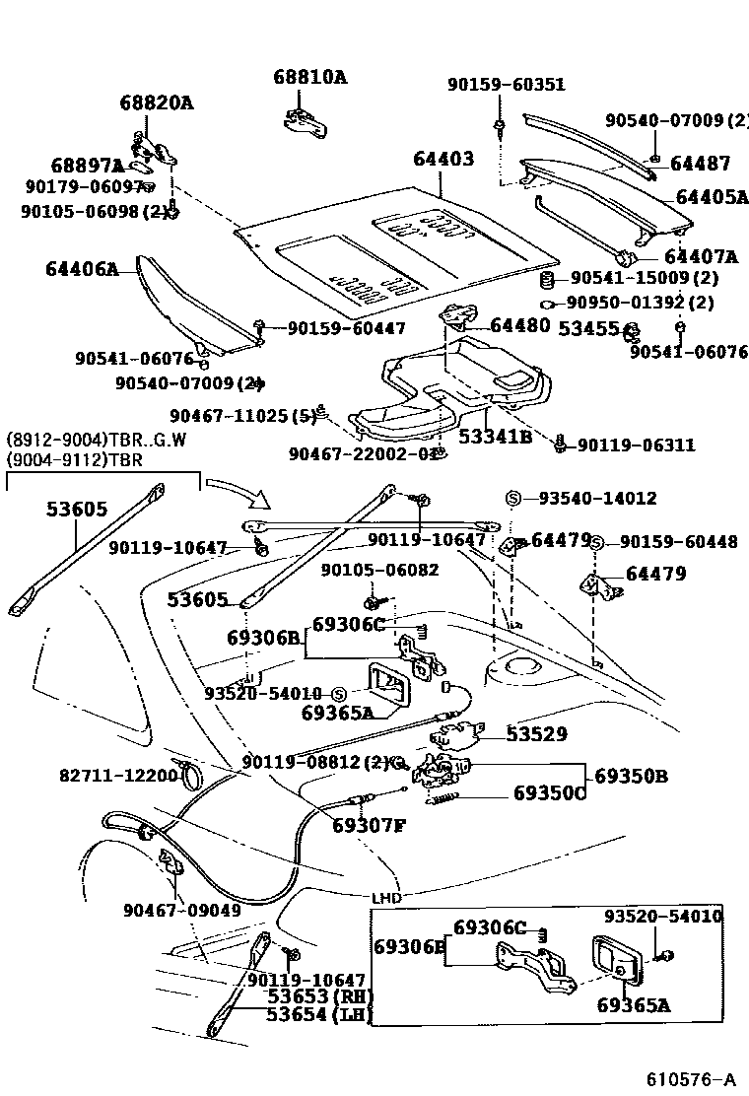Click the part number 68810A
pyautogui.click(x=310, y=77)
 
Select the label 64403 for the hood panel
pyautogui.click(x=443, y=160)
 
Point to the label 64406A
pyautogui.click(x=82, y=268)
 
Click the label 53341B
pyautogui.click(x=494, y=437)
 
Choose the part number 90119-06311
pyautogui.click(x=636, y=445)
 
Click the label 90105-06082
pyautogui.click(x=379, y=570)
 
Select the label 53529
pyautogui.click(x=537, y=733)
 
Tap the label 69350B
pyautogui.click(x=632, y=776)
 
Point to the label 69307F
pyautogui.click(x=369, y=825)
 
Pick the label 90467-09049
pyautogui.click(x=182, y=910)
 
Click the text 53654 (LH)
pyautogui.click(x=313, y=1015)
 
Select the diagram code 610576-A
pyautogui.click(x=691, y=1076)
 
